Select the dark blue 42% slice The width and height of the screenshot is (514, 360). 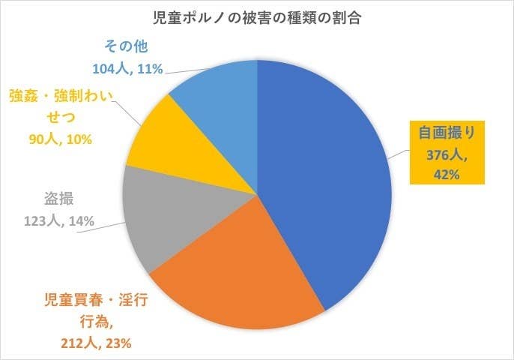[x=330, y=180]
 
